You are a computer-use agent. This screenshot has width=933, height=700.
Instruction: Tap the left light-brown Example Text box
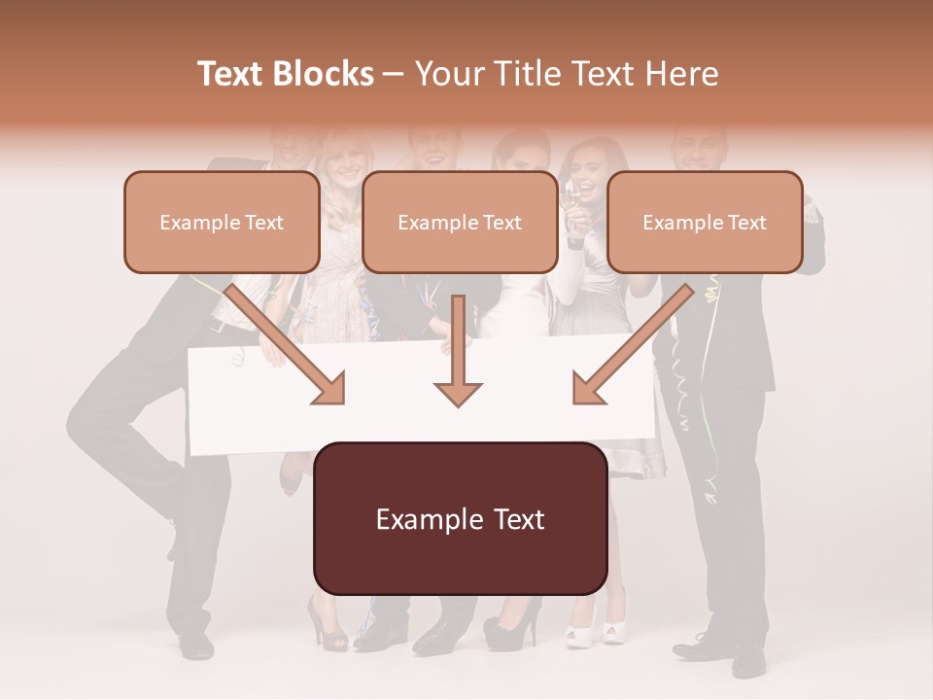(222, 223)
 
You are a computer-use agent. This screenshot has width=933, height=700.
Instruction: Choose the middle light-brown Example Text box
(460, 223)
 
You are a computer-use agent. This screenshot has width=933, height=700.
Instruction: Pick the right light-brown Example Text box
(705, 223)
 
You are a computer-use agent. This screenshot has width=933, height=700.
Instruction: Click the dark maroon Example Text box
(461, 519)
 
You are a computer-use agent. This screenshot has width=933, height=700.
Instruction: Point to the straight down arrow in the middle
(458, 355)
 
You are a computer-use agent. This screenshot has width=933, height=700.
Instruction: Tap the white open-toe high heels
(597, 627)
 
